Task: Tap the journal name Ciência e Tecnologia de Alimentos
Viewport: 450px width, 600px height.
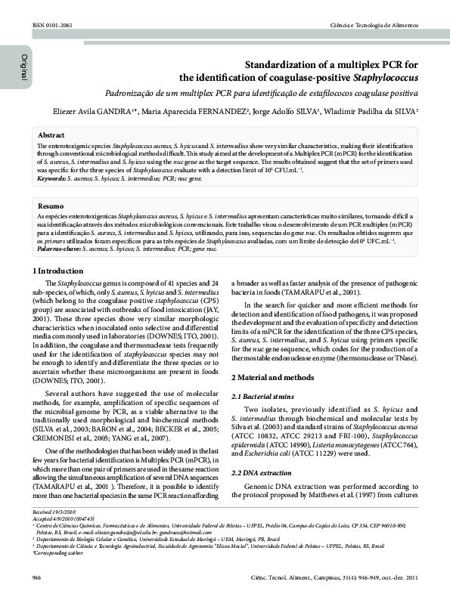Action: coord(374,26)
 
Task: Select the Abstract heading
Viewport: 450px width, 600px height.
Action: coord(51,133)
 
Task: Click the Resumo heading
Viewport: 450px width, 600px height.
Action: coord(51,206)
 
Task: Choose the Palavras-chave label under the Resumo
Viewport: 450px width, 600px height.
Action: coord(60,247)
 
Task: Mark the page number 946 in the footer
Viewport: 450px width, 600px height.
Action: coord(37,578)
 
